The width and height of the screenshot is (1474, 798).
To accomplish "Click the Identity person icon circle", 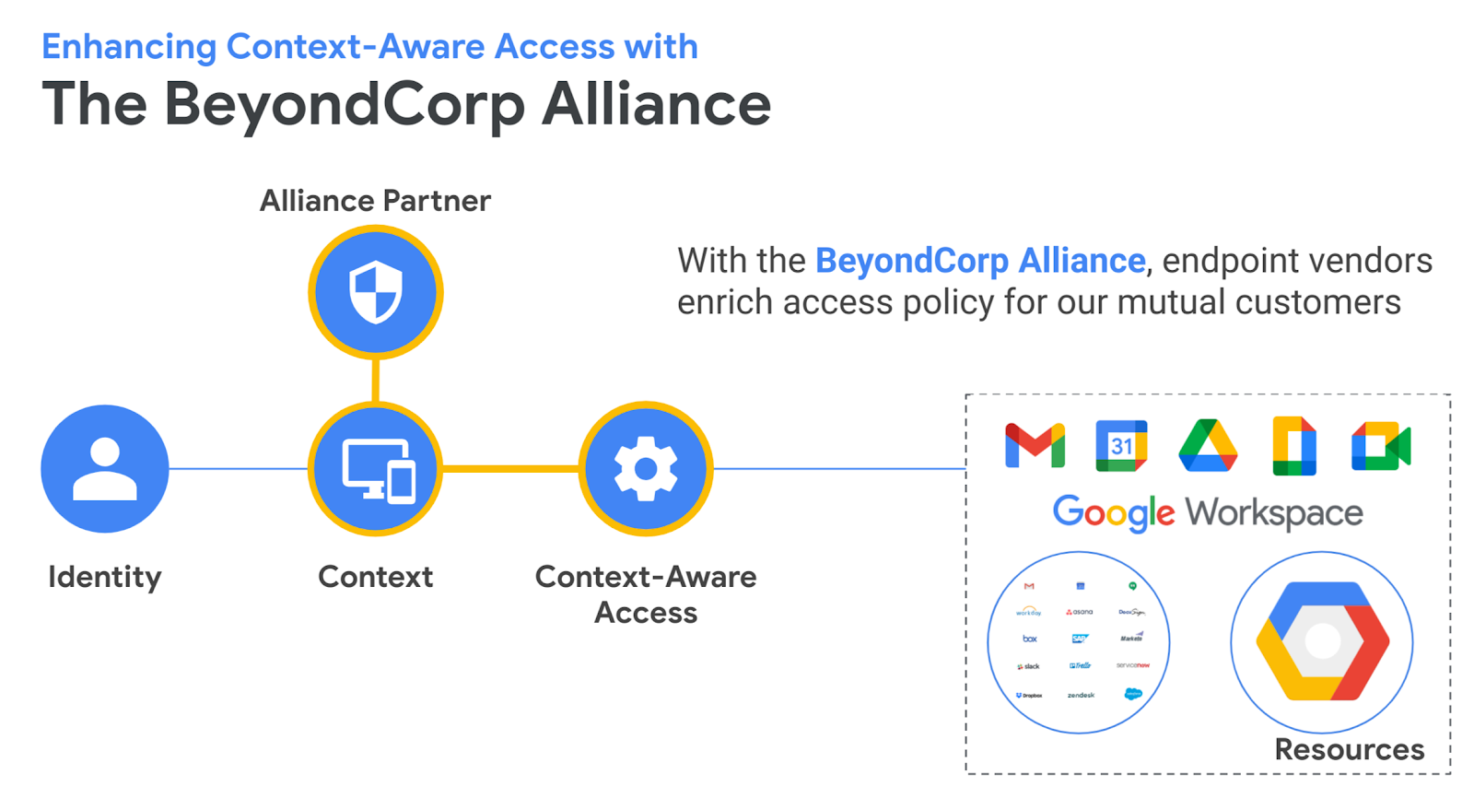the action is tap(105, 468).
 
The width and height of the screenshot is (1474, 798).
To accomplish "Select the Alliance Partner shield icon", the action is tap(376, 292).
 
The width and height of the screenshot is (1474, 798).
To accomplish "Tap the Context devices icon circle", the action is tap(376, 468).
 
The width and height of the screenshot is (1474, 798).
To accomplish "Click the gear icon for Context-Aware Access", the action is tap(646, 468).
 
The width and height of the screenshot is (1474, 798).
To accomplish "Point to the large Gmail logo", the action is tap(1035, 446).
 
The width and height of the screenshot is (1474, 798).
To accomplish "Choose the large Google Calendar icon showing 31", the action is tap(1121, 446).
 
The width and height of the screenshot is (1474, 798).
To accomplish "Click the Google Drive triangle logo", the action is tap(1208, 446).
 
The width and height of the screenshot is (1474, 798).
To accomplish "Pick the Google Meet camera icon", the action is tap(1381, 446).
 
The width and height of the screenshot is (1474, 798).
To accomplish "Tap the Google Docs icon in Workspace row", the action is tap(1294, 446).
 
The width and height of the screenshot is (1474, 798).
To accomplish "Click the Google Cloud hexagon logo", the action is tap(1322, 641).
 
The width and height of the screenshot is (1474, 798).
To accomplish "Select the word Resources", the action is tap(1349, 749).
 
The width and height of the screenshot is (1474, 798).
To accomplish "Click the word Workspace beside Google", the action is tap(1274, 513).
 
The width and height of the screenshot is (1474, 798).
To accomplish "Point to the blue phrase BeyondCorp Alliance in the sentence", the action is tap(980, 261).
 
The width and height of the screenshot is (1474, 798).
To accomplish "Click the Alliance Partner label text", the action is tap(375, 200).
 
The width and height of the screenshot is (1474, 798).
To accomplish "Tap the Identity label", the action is tap(105, 577).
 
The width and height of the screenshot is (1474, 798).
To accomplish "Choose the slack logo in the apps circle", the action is tap(1028, 665).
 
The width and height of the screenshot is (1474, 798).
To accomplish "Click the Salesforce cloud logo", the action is tap(1133, 694).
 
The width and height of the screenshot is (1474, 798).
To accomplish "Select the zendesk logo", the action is tap(1081, 695).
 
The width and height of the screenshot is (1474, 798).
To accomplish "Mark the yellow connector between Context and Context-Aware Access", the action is tap(510, 468).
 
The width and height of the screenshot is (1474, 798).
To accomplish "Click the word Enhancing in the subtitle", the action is tap(128, 47).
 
